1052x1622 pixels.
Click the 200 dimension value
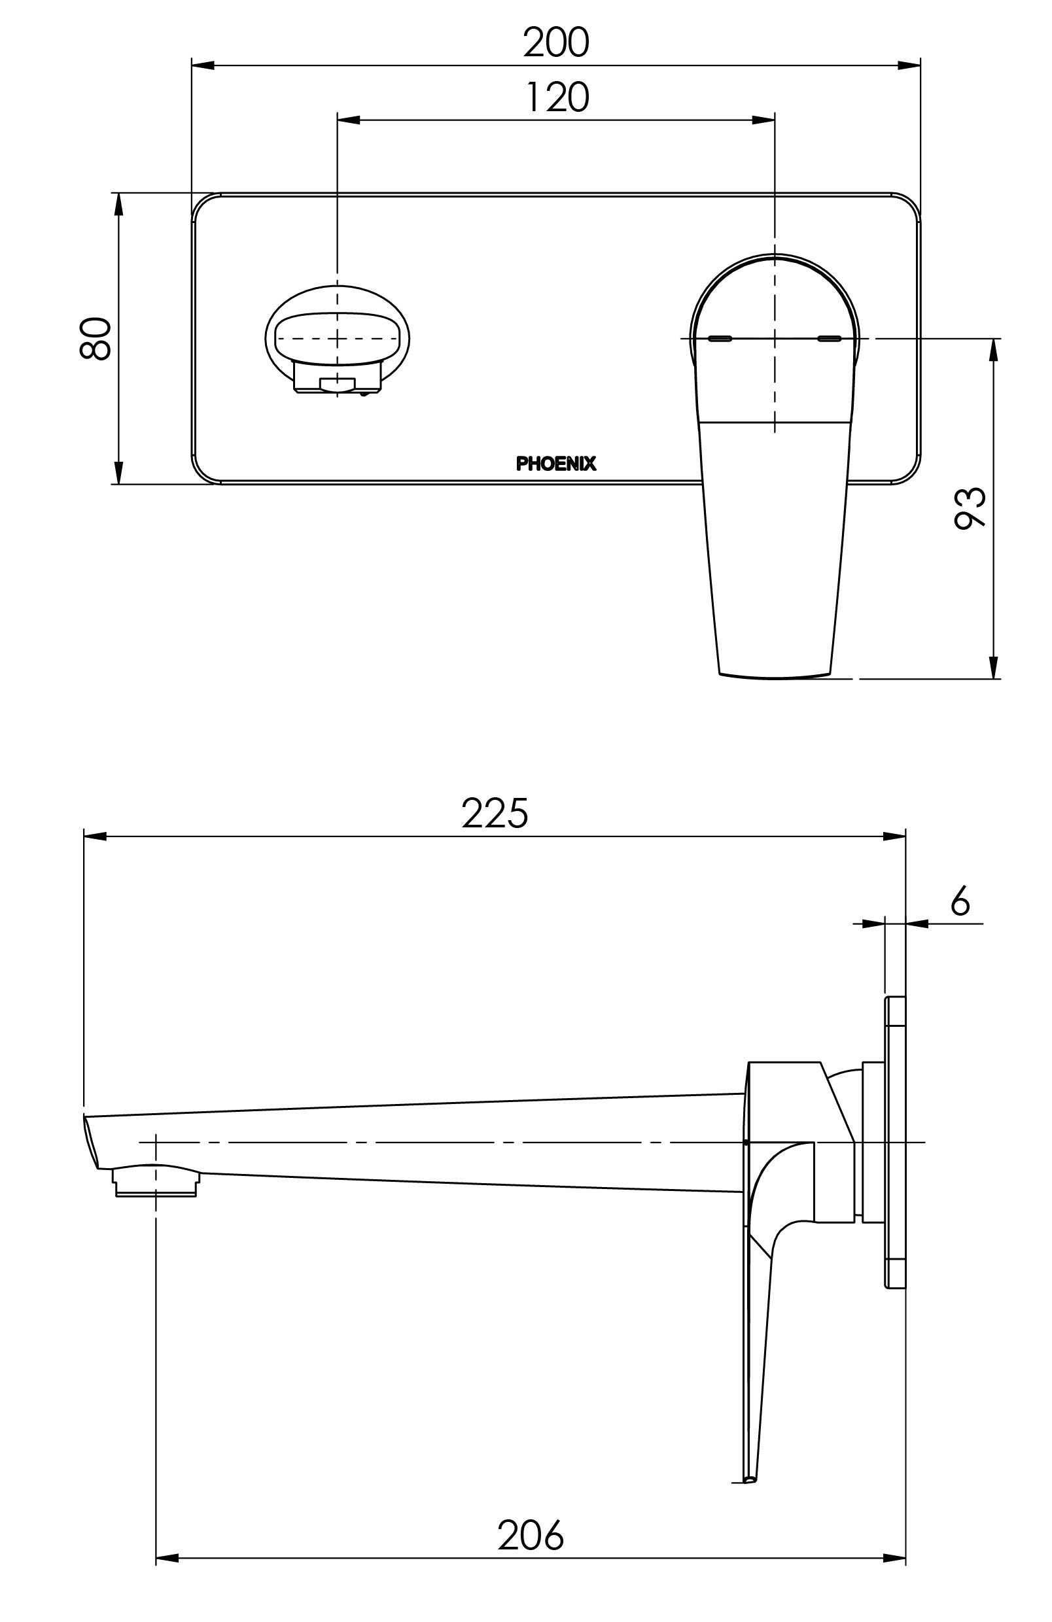point(555,43)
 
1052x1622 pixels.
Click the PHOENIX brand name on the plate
point(555,464)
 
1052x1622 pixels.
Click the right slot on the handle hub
point(830,338)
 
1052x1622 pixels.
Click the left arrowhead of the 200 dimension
point(203,65)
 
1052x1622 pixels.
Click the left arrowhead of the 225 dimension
point(96,837)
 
